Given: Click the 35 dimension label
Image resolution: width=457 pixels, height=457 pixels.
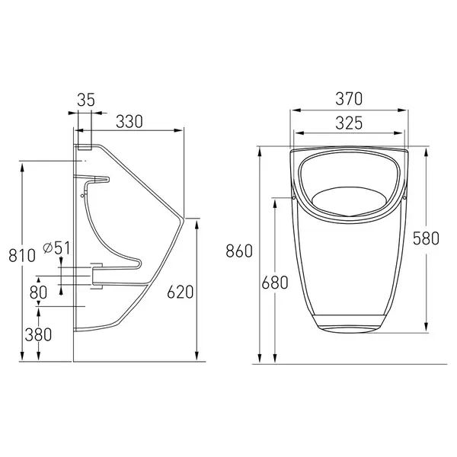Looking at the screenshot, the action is [86, 100].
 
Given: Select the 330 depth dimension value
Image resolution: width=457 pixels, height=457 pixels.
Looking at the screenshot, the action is [129, 122].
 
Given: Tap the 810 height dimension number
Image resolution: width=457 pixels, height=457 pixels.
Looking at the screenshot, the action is [22, 256].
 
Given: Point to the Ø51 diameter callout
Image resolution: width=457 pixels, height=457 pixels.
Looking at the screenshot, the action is [56, 248].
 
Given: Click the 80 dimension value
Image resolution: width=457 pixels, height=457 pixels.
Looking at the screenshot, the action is [38, 292].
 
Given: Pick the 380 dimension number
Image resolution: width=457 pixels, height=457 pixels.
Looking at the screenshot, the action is [38, 334].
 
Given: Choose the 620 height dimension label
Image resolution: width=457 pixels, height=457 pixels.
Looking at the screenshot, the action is [180, 292].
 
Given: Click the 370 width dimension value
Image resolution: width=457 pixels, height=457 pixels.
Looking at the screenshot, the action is [349, 99].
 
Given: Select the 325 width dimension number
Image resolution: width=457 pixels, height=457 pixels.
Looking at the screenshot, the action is [349, 123].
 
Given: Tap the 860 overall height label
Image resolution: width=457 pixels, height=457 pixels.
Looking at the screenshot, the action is [239, 251].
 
